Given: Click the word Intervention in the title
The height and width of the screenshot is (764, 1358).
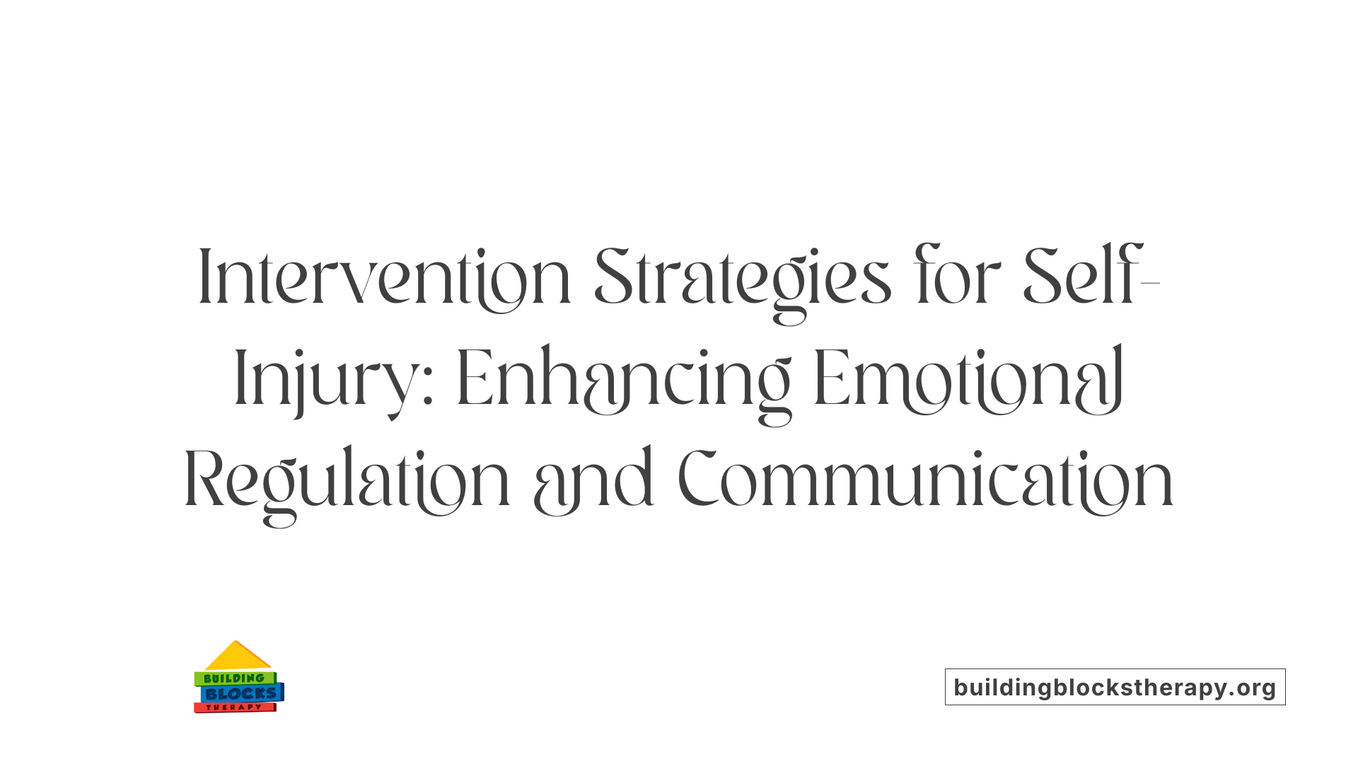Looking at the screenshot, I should pyautogui.click(x=384, y=278).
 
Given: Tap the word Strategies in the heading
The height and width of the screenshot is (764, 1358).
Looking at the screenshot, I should pyautogui.click(x=743, y=278).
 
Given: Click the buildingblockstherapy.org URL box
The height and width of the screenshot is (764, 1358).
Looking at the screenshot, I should pyautogui.click(x=1115, y=687).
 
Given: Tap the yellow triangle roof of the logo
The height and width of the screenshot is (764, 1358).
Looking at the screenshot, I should pyautogui.click(x=237, y=658).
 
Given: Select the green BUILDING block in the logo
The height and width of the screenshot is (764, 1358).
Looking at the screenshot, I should pyautogui.click(x=234, y=678).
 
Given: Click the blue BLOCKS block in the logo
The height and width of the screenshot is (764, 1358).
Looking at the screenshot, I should pyautogui.click(x=241, y=693).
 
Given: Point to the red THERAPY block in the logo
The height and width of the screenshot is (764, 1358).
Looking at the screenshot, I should pyautogui.click(x=234, y=707).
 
